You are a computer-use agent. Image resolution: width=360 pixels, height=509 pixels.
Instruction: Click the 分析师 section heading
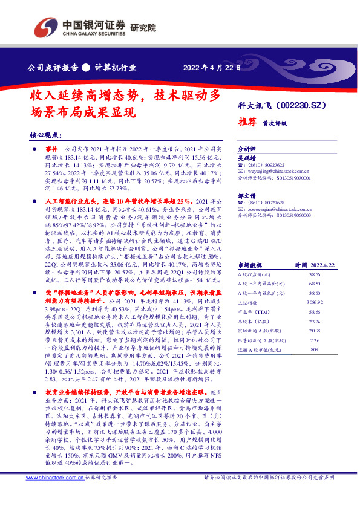(246, 148)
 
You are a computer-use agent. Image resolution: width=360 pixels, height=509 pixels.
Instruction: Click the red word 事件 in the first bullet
(52, 149)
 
